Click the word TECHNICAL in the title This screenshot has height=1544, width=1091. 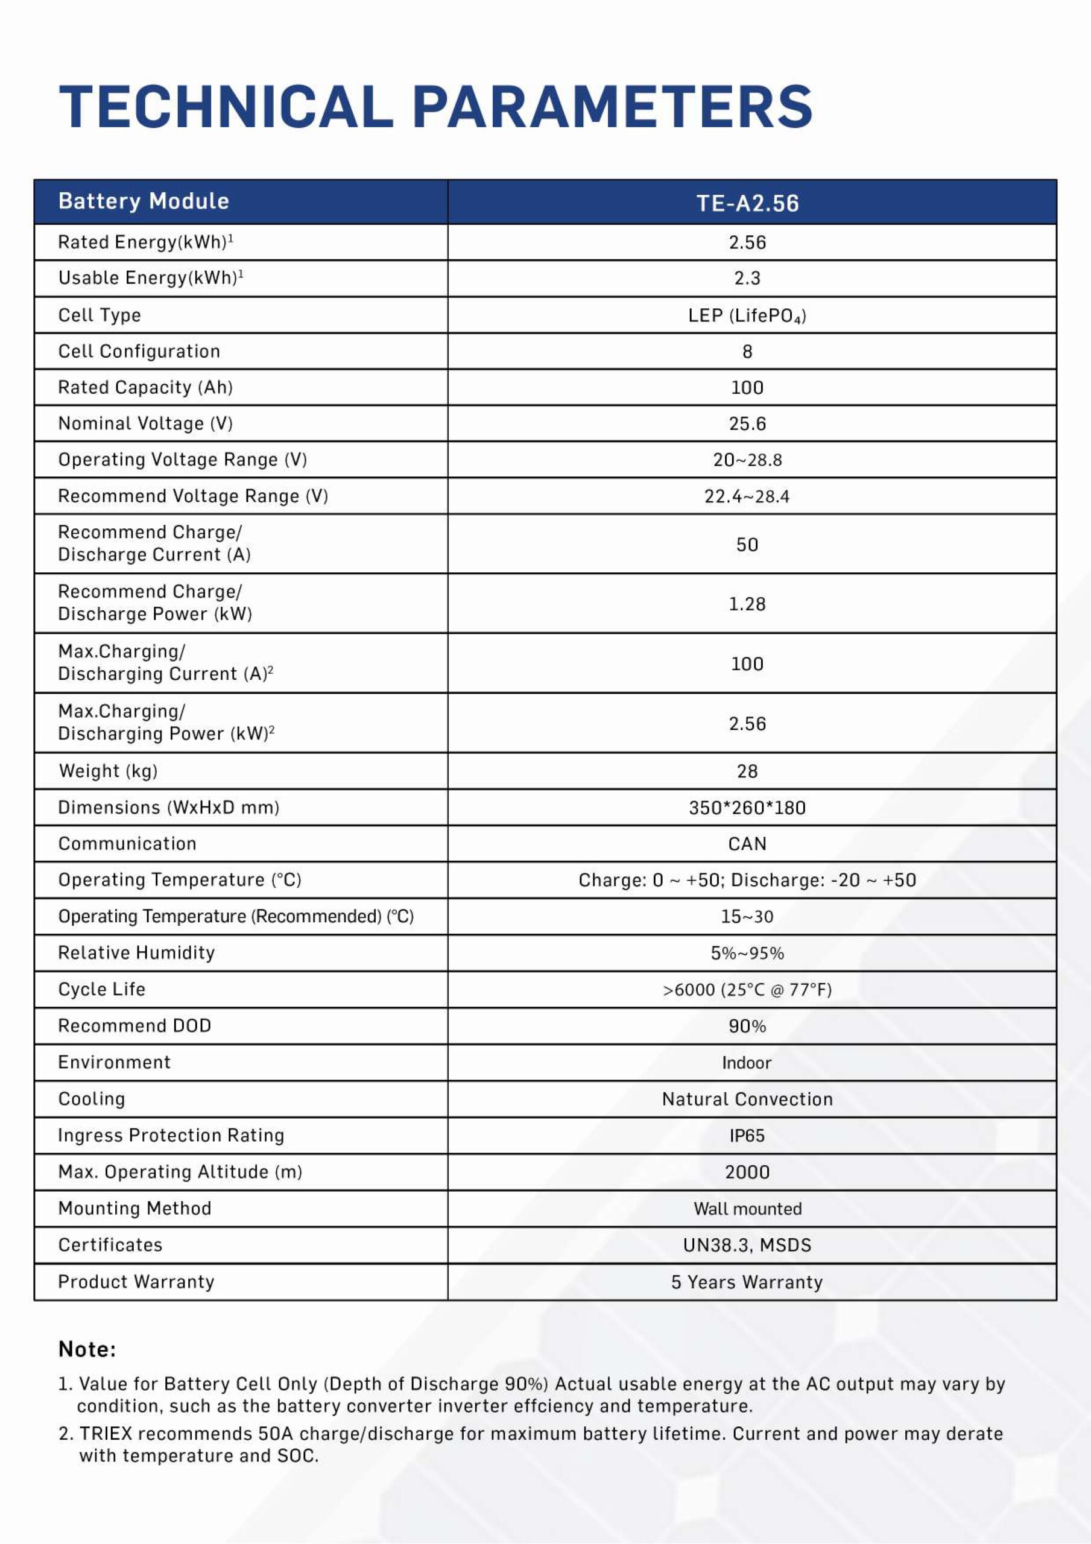[226, 106]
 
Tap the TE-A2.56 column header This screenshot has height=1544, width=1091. [747, 203]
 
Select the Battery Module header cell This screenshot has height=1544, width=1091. [144, 201]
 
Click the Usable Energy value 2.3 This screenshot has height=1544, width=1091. [747, 279]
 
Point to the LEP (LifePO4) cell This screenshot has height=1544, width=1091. [747, 315]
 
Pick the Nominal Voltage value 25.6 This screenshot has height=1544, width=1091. [747, 423]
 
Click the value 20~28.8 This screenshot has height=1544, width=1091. [747, 460]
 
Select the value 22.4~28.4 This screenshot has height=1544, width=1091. [747, 496]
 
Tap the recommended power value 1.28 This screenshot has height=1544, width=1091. [747, 604]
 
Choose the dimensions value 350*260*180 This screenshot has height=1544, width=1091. [747, 808]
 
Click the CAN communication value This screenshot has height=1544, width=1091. [747, 844]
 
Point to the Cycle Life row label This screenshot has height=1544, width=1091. [101, 989]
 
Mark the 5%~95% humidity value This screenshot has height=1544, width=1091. [747, 953]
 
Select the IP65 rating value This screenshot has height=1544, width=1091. [747, 1136]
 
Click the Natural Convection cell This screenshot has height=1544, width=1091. [747, 1099]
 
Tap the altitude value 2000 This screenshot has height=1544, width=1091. [747, 1172]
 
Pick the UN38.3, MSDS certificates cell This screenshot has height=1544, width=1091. [747, 1245]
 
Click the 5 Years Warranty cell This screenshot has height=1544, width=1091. [747, 1282]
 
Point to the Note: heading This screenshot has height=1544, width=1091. [87, 1349]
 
